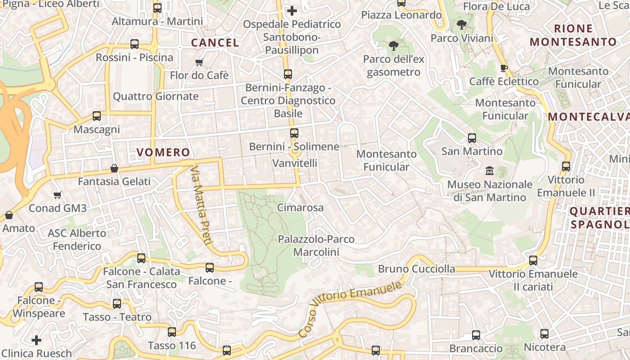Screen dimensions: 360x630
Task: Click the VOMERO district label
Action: (163, 152)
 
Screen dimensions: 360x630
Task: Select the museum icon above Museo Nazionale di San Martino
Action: (489, 171)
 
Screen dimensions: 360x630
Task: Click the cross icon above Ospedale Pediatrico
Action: (292, 10)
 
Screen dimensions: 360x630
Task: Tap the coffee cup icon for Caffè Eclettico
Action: (504, 68)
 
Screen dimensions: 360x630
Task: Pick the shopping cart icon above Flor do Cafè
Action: (199, 62)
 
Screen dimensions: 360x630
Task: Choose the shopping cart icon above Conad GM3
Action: (57, 195)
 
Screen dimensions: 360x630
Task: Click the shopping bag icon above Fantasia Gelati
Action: (114, 168)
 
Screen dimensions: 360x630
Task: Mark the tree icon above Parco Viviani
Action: (461, 25)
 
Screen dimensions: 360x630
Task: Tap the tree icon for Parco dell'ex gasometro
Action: (393, 45)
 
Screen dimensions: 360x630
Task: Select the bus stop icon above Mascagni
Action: (97, 116)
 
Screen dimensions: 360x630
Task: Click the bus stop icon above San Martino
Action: (472, 138)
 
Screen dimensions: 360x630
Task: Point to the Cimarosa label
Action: (300, 207)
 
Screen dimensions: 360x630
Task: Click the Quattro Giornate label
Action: (155, 96)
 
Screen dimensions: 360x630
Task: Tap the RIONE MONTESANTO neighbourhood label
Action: (573, 35)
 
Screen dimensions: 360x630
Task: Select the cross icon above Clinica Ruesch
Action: (36, 340)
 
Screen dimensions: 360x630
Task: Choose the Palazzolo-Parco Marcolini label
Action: (316, 245)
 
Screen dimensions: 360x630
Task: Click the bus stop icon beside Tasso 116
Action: (172, 332)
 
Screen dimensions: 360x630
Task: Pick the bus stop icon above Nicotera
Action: (544, 334)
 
